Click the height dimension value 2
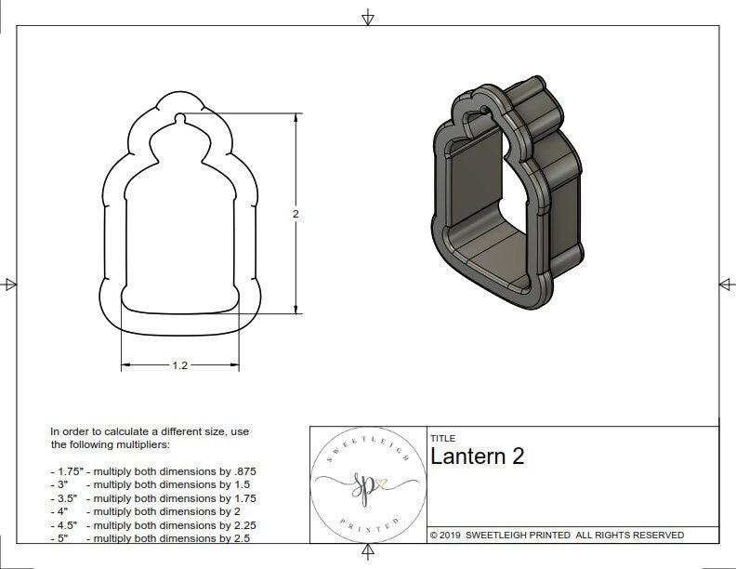(296, 214)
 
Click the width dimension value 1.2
(180, 366)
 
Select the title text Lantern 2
(477, 457)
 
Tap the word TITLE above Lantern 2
(442, 438)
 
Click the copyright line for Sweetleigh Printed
(557, 535)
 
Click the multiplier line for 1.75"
(152, 471)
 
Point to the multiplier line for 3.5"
(152, 498)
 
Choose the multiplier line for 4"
(144, 511)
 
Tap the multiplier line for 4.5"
(152, 525)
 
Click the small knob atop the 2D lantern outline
(178, 119)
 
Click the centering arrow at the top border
(368, 17)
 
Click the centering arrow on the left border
(10, 284)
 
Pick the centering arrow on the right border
(726, 284)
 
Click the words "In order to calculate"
(101, 431)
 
